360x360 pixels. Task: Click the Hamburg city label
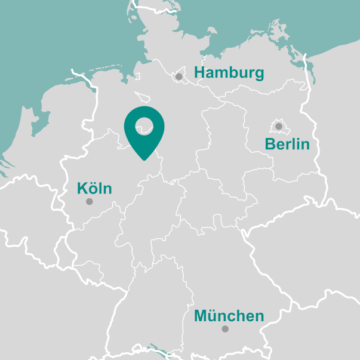coord(229,73)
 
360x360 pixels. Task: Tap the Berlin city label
coord(287,144)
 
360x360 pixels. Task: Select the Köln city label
coord(94,189)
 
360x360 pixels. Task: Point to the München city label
coord(229,316)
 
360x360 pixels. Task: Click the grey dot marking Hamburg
coord(179,76)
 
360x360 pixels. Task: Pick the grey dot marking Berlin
coord(279,126)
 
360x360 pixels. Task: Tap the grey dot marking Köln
coord(90,202)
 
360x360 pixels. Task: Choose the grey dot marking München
coord(225,329)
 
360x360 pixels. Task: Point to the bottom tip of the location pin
coord(144,160)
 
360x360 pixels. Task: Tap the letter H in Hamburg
coord(200,73)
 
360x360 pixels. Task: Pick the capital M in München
coord(201,316)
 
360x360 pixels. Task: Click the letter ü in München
coord(214,316)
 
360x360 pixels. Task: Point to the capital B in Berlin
coord(270,144)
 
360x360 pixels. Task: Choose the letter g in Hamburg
coord(258,75)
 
